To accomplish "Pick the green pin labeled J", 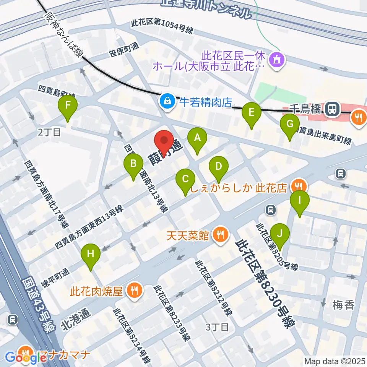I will pos(280,235).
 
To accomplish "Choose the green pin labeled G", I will pos(290,127).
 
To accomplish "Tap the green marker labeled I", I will pos(300,203).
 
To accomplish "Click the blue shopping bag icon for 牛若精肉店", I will pos(167,101).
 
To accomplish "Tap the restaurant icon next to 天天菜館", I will pos(220,234).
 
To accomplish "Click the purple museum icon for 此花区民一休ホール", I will pos(276,59).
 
